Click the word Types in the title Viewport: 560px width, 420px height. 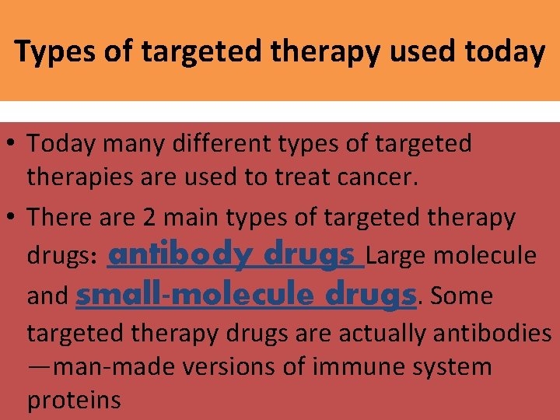pos(51,51)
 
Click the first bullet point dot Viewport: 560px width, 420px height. pos(12,144)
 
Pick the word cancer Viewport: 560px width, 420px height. pos(381,177)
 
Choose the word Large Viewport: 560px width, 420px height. pos(399,255)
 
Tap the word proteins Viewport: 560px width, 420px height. pos(74,400)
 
